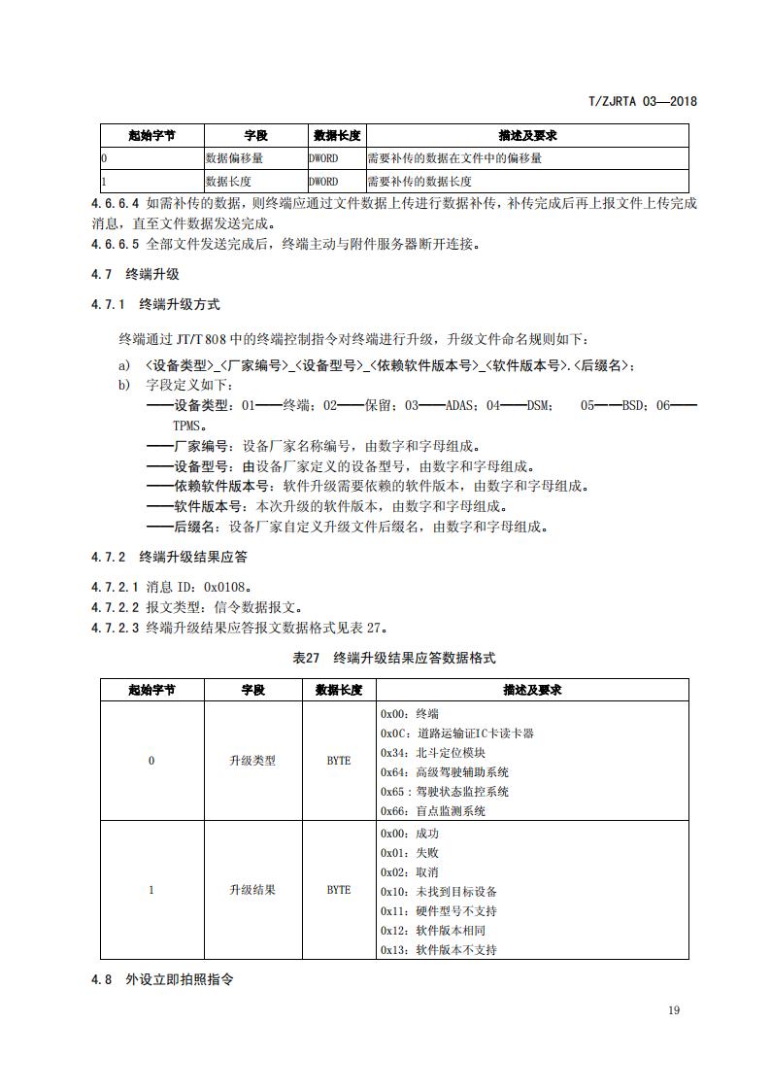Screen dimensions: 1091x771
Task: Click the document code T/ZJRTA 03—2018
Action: (644, 101)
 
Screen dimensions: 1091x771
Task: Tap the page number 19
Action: (674, 1010)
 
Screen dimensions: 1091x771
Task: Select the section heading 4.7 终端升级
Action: (135, 275)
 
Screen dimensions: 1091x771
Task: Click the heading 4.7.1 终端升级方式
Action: (155, 304)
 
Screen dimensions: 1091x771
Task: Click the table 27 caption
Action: (393, 658)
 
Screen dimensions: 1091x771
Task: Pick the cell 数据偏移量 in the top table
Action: (233, 157)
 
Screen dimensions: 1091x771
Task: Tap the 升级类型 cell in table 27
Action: (252, 761)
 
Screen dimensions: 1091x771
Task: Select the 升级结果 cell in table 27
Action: (252, 890)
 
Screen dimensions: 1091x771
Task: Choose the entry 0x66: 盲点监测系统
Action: (432, 810)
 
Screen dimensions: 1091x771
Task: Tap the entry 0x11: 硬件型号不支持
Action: (438, 911)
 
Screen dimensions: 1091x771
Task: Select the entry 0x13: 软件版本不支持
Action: (438, 949)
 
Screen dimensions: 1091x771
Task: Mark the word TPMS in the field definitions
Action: (189, 426)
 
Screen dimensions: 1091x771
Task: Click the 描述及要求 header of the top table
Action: (527, 135)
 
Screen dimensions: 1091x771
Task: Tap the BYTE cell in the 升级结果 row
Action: (339, 890)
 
